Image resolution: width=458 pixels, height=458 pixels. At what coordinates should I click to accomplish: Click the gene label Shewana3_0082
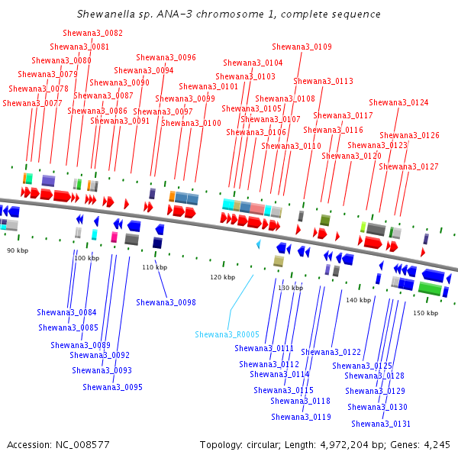point(92,33)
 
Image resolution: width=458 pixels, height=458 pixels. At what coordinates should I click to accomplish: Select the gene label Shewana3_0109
point(302,47)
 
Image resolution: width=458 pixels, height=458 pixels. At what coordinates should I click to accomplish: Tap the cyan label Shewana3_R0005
point(227,334)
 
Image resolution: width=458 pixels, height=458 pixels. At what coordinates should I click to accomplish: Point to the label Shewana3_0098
point(166,302)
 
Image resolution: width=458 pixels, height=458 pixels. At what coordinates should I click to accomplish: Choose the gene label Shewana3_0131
point(381,424)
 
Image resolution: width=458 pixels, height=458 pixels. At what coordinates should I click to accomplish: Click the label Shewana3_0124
point(398,102)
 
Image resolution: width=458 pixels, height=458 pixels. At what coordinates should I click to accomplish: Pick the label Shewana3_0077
point(32,103)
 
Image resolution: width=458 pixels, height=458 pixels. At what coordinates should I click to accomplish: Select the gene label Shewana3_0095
point(112,387)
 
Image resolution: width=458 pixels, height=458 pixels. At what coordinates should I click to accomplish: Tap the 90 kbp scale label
point(18,250)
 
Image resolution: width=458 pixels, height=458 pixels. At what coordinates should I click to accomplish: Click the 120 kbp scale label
point(223,277)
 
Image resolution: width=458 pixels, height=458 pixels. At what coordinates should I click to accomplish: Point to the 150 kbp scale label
point(426,313)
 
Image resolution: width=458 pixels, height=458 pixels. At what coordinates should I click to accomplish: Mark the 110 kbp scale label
point(154,267)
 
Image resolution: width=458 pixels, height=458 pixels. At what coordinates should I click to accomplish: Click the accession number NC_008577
point(82,445)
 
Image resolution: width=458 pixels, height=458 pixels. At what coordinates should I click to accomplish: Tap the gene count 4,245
point(437,445)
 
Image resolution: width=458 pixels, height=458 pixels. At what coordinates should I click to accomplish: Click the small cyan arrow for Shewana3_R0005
point(258,244)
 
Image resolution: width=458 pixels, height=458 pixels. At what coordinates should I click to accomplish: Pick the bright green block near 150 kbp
point(430,289)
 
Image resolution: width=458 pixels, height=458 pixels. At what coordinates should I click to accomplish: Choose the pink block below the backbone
point(114,237)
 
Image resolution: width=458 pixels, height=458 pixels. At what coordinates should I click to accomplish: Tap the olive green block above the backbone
point(325,221)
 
